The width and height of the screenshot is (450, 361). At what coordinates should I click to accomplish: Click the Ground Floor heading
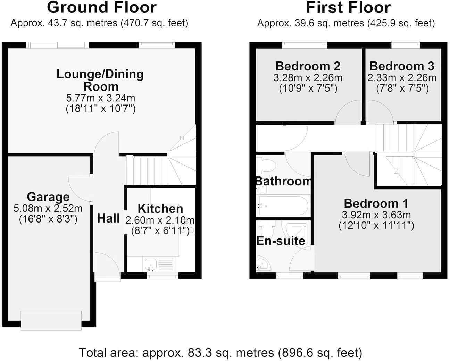pos(101,8)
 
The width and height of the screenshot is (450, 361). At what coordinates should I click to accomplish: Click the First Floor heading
pos(348,8)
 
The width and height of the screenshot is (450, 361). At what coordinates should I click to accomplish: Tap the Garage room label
pos(48,197)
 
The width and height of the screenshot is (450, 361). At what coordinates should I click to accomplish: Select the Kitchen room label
pos(160,209)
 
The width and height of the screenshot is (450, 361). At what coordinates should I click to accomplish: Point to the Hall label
pos(108,218)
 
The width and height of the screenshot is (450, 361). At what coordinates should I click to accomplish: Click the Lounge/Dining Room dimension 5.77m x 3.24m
pos(100,98)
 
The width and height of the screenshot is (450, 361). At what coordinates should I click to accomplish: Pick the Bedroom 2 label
pos(308,66)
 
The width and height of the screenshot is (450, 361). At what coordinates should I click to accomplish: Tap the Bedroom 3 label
pos(402,66)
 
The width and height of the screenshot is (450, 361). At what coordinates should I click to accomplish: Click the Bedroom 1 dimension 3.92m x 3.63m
pos(376,215)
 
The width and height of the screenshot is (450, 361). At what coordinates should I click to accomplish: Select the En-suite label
pos(281,241)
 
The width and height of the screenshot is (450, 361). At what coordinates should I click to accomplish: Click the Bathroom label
pos(283,181)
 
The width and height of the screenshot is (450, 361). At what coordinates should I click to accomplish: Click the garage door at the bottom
pos(51,320)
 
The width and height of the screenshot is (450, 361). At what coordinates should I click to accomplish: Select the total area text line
pos(220,353)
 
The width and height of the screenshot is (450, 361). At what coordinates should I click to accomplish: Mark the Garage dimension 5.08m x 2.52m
pos(48,208)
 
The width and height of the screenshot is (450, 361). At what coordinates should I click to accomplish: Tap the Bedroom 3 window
pos(405,44)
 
